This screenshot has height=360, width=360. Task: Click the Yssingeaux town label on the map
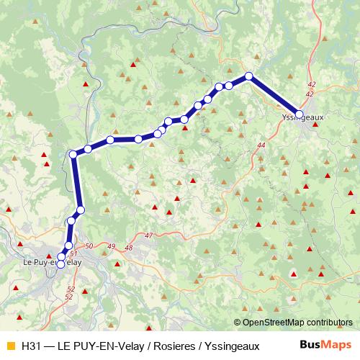(297, 120)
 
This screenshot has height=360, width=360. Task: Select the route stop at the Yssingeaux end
(300, 114)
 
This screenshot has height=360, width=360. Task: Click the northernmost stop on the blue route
(249, 76)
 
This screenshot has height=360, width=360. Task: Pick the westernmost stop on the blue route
(73, 153)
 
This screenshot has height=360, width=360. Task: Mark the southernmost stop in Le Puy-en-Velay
(60, 264)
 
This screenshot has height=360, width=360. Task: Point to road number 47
(149, 236)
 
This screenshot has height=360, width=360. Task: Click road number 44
(261, 146)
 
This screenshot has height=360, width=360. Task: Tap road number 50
(89, 247)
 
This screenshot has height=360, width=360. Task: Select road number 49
(110, 247)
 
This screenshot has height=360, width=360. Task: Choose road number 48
(129, 248)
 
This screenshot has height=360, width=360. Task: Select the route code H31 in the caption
(30, 345)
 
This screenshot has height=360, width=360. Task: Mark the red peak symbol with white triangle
(294, 274)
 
